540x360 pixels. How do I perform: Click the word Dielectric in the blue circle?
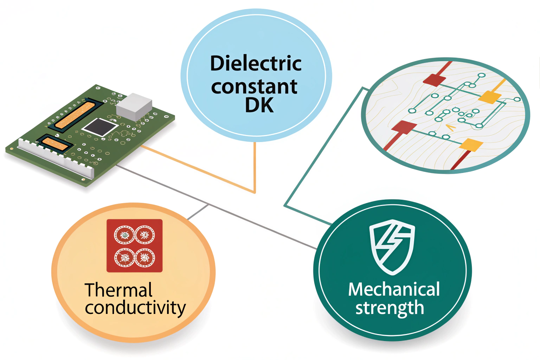click(256, 64)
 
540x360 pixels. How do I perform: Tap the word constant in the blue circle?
click(254, 86)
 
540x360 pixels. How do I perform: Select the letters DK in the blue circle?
click(259, 105)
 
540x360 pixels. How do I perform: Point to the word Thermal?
click(118, 290)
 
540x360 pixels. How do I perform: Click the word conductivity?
click(135, 308)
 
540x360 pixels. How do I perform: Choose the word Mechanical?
click(394, 289)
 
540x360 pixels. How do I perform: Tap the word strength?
click(390, 308)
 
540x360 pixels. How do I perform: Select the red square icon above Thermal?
click(134, 246)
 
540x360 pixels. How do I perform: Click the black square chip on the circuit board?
click(100, 127)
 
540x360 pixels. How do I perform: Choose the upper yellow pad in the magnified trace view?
click(490, 97)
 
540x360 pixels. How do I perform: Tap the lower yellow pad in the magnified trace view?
click(471, 144)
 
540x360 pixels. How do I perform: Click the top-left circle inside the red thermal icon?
click(124, 235)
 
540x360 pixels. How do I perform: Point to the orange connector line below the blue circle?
click(255, 169)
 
